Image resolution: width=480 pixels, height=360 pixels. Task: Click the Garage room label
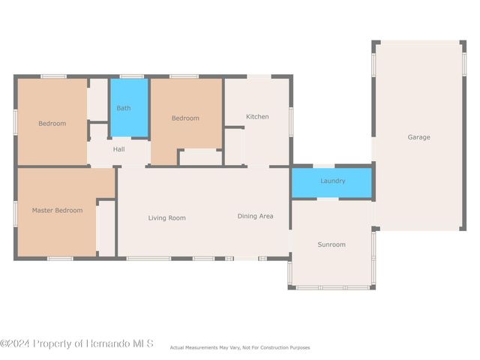(418, 137)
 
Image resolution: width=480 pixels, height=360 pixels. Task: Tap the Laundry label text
(332, 181)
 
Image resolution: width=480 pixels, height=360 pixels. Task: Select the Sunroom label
(331, 244)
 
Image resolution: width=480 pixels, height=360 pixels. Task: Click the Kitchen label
(257, 116)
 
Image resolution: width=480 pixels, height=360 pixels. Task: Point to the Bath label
(123, 108)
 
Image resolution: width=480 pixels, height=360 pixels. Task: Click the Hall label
(118, 149)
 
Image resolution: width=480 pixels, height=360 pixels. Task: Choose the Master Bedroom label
(57, 210)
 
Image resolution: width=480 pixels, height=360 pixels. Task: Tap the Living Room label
(166, 217)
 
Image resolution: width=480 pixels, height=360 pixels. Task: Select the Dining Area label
(255, 216)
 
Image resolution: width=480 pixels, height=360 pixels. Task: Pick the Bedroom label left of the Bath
(52, 123)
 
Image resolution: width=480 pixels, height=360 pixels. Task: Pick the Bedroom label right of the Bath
(185, 118)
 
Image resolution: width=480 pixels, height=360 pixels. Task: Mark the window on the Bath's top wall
(131, 76)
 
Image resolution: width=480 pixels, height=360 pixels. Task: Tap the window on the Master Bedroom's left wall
(16, 213)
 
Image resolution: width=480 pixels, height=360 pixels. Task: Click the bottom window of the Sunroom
(331, 287)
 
